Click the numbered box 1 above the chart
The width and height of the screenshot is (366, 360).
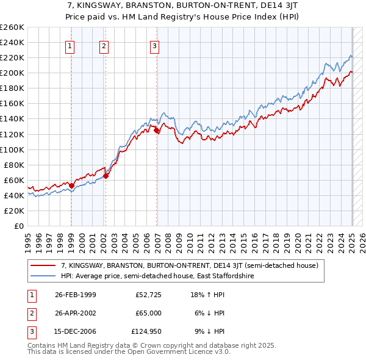(x=70, y=45)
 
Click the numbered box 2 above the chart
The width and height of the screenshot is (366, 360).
(x=104, y=45)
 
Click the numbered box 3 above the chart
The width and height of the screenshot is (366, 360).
(x=155, y=45)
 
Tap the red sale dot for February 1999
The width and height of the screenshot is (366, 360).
(x=71, y=185)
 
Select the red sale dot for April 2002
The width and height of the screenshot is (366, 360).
(x=106, y=176)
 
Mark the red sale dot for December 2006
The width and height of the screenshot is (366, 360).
(x=157, y=130)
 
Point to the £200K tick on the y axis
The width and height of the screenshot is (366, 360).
(x=12, y=73)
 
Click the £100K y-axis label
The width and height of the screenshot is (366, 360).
(x=12, y=149)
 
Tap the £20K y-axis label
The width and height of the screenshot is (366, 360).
(x=14, y=211)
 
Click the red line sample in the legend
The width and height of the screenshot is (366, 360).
(x=44, y=265)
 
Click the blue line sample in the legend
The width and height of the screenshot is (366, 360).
(x=44, y=276)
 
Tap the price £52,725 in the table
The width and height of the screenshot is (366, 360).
(x=148, y=295)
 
